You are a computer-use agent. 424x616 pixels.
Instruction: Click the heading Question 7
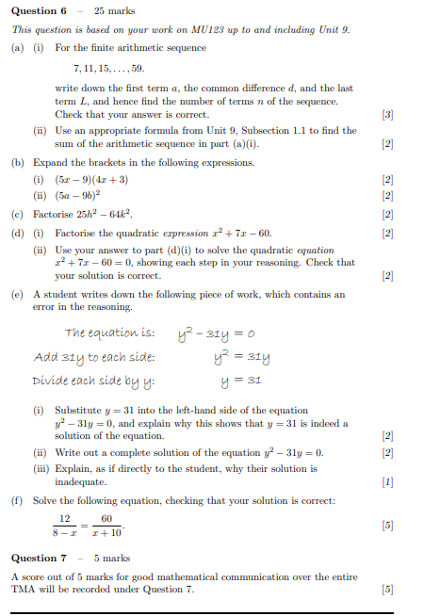[39, 558]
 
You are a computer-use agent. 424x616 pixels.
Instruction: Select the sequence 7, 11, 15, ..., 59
[108, 68]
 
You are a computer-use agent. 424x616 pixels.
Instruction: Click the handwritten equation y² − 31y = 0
[217, 332]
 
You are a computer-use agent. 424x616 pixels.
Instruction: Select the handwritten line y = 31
[241, 381]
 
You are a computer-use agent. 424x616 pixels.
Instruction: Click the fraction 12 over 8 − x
[65, 526]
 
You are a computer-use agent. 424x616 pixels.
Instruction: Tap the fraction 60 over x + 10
[106, 526]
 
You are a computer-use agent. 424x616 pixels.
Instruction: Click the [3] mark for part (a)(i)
[386, 114]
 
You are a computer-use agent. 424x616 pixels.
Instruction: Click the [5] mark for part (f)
[386, 525]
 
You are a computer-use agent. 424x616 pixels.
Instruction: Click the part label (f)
[18, 500]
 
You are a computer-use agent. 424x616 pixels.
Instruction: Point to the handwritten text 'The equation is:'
[108, 332]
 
